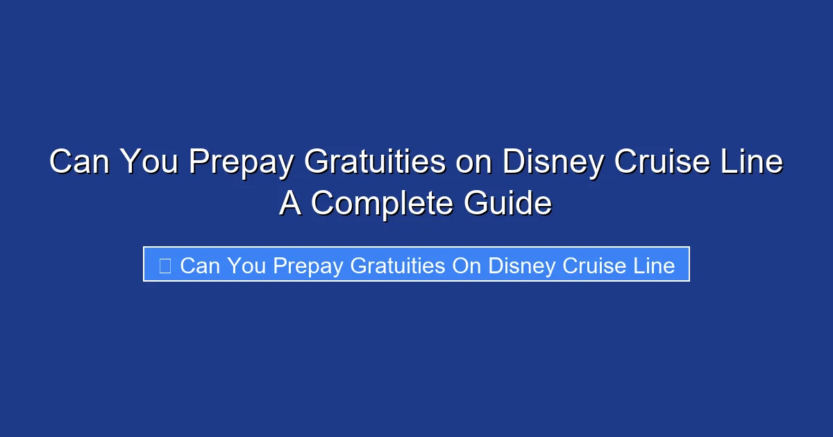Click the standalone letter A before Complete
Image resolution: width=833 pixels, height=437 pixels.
pos(291,204)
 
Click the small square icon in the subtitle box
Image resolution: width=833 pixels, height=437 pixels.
pos(165,265)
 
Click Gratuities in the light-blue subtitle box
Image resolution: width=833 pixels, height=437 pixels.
pos(398,265)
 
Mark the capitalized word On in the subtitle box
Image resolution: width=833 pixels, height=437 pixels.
pos(466,265)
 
